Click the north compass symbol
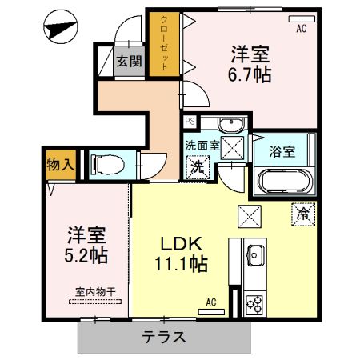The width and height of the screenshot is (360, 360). click(61, 26)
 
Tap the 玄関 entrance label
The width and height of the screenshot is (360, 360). click(129, 62)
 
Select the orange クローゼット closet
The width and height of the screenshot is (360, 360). click(164, 44)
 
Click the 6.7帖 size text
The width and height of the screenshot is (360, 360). click(250, 74)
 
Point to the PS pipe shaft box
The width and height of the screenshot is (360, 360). click(190, 122)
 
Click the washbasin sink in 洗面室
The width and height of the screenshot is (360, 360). click(231, 125)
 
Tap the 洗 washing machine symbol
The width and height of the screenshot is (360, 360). click(198, 167)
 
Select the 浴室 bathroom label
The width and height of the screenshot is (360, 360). click(282, 152)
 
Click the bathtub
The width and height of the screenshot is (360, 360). click(285, 182)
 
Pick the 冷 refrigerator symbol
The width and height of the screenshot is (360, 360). click(303, 214)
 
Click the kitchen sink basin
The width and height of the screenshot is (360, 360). click(256, 255)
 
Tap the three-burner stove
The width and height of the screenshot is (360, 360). click(255, 304)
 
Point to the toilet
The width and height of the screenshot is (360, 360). click(108, 165)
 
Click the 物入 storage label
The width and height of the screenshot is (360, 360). click(60, 165)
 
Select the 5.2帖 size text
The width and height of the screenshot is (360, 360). click(86, 255)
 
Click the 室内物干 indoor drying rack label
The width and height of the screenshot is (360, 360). click(95, 292)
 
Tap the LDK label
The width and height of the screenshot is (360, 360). click(181, 244)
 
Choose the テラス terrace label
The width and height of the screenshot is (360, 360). click(164, 337)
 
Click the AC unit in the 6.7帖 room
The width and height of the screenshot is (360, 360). click(302, 19)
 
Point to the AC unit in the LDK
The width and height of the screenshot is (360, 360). click(211, 312)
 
